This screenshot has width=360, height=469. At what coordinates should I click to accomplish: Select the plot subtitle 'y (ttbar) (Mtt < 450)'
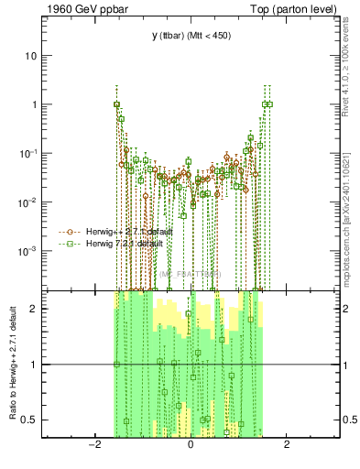190,37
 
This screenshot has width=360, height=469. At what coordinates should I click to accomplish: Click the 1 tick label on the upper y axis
34,104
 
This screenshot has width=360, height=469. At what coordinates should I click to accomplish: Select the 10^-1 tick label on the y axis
28,153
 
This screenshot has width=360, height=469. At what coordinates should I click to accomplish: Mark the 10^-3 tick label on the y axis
28,250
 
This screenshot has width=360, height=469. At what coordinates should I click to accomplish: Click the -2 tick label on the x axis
93,446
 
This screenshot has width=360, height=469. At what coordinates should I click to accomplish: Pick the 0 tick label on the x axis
190,446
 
